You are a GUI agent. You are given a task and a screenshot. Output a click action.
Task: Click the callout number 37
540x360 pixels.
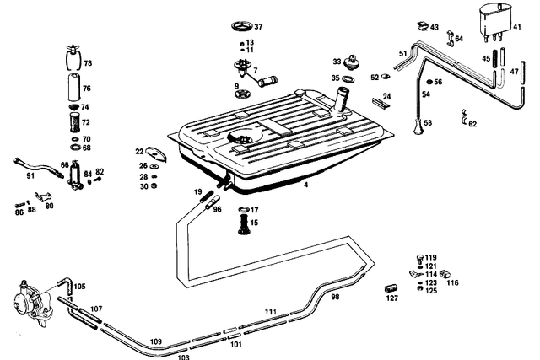point(258,27)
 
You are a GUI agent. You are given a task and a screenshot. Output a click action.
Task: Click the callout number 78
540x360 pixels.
point(88,64)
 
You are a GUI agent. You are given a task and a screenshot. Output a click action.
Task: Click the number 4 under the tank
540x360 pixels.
point(305,183)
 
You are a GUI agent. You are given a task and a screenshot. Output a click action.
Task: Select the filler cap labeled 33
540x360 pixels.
point(349,63)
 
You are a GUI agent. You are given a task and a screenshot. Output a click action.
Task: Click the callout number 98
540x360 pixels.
point(335,297)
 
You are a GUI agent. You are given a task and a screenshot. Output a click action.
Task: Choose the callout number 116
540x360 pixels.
point(453,282)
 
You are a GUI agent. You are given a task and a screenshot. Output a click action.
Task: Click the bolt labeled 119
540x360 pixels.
point(418,257)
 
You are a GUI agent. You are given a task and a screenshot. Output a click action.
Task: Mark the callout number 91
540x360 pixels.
point(30,176)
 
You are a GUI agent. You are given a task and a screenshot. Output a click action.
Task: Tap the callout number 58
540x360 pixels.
point(428,123)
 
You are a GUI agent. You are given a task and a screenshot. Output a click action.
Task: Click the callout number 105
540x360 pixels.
point(79,286)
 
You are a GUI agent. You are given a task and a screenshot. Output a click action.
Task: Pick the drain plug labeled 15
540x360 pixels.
point(243,225)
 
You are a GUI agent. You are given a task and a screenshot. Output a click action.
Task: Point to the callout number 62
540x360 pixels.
point(472,124)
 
